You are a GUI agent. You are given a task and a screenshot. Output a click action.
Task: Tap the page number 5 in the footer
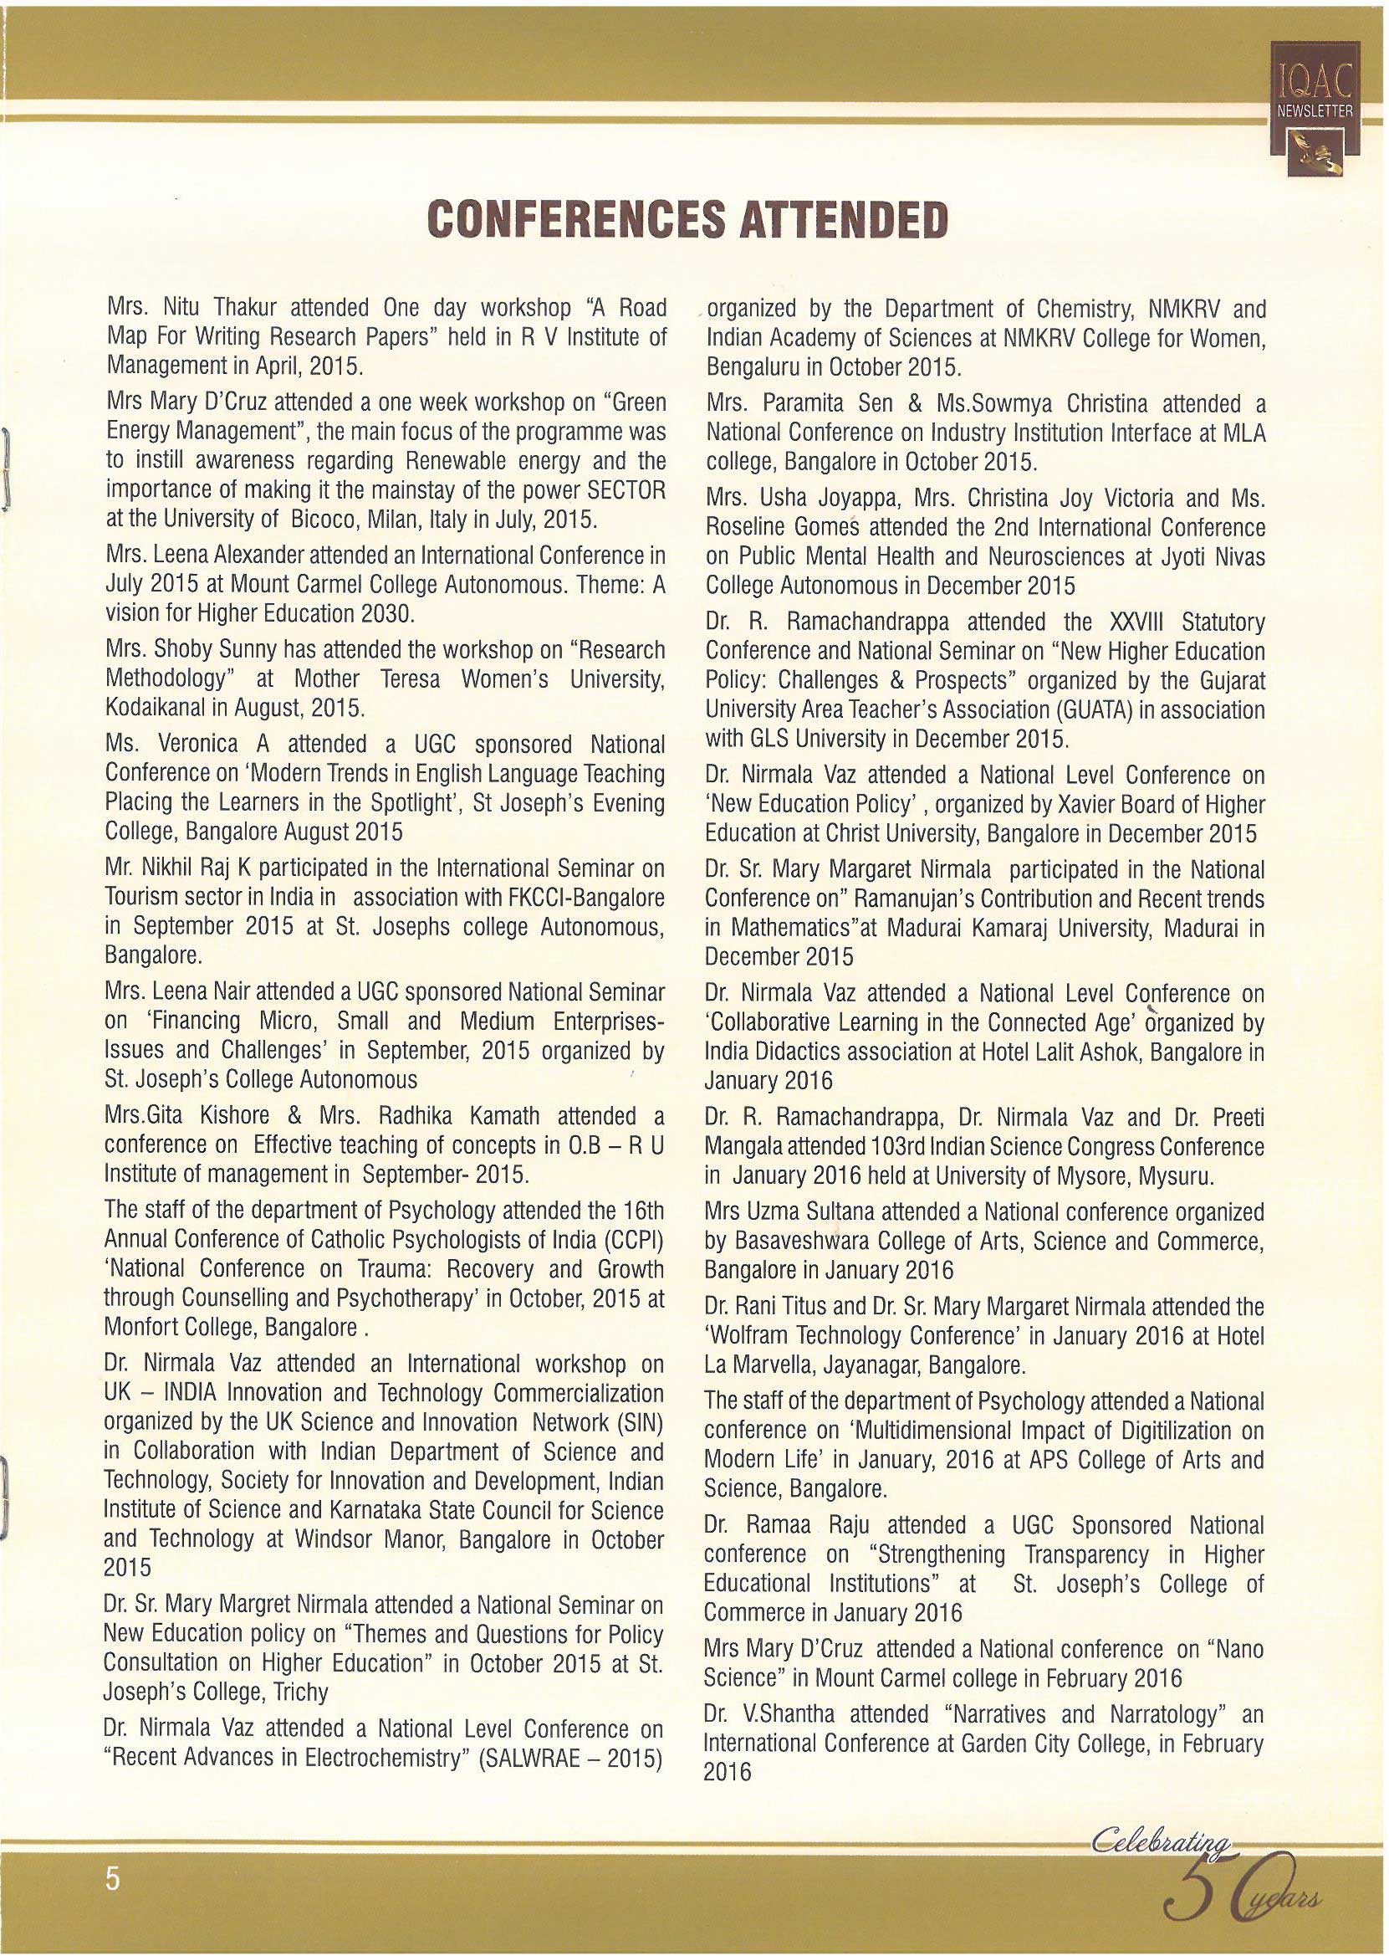(x=112, y=1880)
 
